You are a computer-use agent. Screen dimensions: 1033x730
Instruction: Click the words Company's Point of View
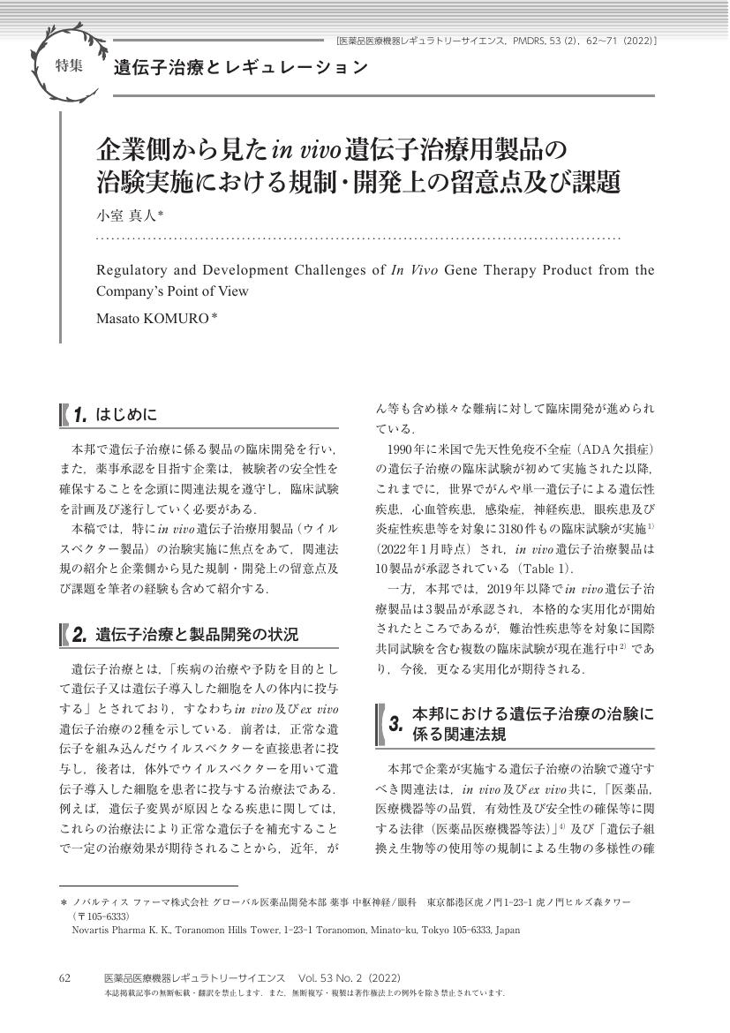point(172,290)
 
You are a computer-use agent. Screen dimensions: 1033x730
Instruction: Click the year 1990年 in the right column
point(408,449)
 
